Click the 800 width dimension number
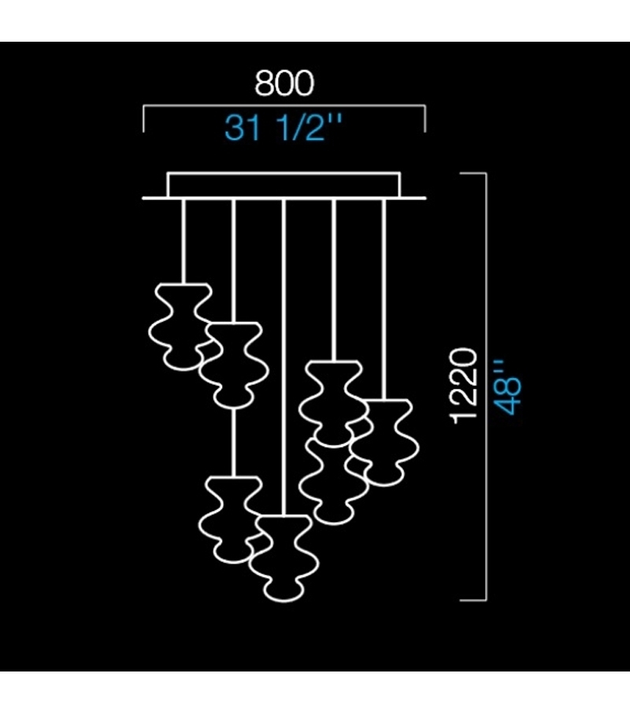[x=284, y=83]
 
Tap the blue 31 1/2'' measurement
[x=284, y=126]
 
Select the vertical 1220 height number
[x=465, y=385]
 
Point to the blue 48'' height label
[x=510, y=385]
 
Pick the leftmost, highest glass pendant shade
[x=180, y=325]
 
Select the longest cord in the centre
[x=283, y=354]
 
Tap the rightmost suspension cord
[x=384, y=299]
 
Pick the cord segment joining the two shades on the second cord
[x=233, y=441]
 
